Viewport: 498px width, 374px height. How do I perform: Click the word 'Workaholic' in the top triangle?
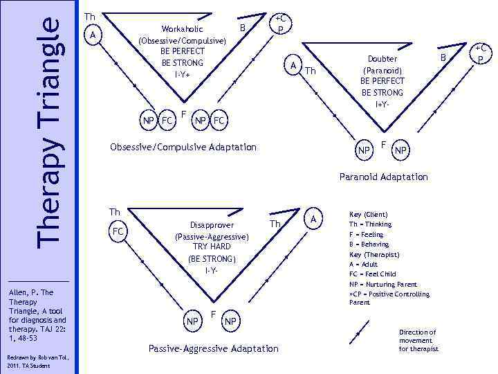point(182,29)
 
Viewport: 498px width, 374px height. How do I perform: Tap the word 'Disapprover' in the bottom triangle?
point(212,225)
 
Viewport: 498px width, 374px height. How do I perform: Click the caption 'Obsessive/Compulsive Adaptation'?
point(183,147)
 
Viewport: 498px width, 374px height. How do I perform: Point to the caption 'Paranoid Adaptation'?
point(383,177)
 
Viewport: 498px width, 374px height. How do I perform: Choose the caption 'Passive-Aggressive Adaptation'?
point(214,348)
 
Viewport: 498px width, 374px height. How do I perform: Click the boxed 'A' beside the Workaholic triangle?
point(93,34)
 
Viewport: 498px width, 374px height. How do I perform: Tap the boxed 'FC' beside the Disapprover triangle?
point(118,231)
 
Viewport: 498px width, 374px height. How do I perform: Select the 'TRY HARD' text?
point(212,247)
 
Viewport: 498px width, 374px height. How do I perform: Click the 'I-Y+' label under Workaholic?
point(183,73)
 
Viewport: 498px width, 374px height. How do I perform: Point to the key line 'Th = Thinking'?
point(370,224)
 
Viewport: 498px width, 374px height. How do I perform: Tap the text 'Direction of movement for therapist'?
point(418,341)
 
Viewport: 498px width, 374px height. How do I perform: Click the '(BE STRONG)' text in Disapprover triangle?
point(212,258)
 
